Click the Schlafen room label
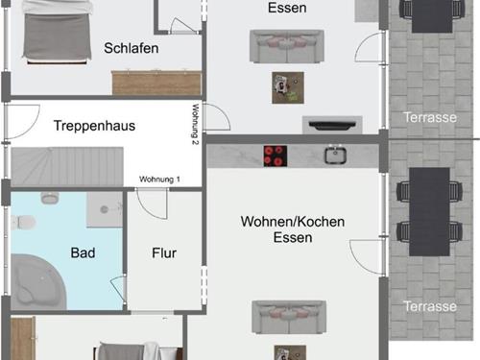(132, 48)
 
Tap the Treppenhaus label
(94, 126)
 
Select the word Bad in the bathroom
(83, 252)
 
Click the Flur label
(164, 253)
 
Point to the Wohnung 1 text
(159, 180)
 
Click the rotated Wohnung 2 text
(196, 124)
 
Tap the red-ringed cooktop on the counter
(276, 156)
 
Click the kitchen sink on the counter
(335, 155)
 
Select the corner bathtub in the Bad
(36, 281)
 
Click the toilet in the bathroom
(23, 222)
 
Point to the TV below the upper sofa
(332, 125)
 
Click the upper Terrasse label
(430, 117)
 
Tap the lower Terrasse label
(430, 306)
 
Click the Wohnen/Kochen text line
(293, 222)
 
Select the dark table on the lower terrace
(429, 211)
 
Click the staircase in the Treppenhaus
(67, 166)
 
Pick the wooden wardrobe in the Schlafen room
(156, 83)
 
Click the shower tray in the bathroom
(105, 209)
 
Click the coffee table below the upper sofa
(288, 87)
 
